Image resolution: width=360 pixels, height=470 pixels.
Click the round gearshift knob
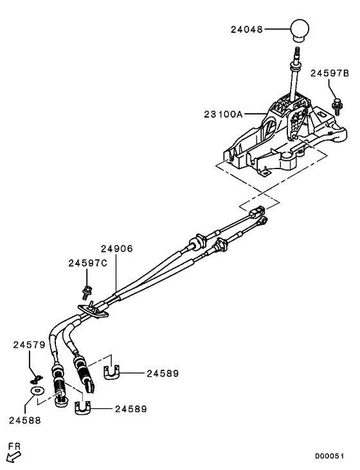tap(300, 30)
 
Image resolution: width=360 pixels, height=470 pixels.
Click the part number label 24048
tap(248, 29)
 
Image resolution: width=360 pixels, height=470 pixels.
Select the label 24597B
tap(328, 73)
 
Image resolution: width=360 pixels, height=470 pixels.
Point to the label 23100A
tap(221, 114)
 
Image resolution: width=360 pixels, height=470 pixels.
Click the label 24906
tap(116, 248)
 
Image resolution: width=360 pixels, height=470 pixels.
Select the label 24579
tap(29, 345)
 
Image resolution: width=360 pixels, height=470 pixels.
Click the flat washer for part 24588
tap(37, 390)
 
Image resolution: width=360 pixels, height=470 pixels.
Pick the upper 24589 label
tap(162, 373)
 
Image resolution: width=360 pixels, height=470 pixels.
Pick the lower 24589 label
tap(131, 408)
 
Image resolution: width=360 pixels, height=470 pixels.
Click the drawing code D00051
tap(328, 456)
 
